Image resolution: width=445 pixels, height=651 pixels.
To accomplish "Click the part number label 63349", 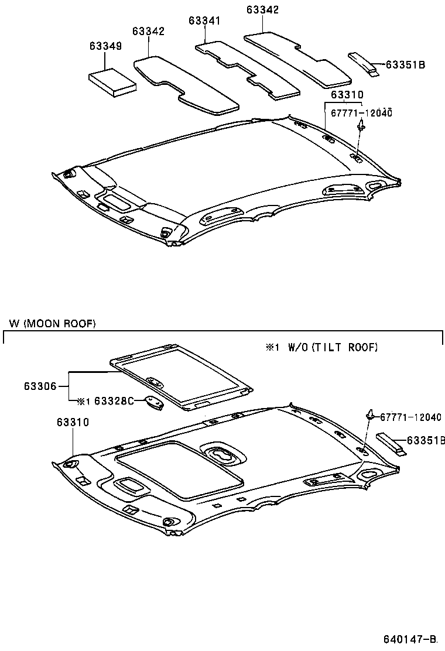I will pos(105,46).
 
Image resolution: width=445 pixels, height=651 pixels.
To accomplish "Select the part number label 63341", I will pos(204,20).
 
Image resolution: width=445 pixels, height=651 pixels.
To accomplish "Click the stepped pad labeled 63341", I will pos(246,67).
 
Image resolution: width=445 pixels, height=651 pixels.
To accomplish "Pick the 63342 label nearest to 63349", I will pos(148,32).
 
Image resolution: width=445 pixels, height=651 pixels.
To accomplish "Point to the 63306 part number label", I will pos(40,386).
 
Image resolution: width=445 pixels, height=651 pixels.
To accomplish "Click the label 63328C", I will pos(114,401).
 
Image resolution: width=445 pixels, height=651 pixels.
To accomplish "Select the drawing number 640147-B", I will pos(410,638).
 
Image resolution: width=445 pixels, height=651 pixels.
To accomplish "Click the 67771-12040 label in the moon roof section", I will pos(410,417).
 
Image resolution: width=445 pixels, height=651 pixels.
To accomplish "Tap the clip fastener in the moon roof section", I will pos(371,415).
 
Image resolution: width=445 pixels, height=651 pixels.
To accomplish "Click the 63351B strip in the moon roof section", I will pos(392,443).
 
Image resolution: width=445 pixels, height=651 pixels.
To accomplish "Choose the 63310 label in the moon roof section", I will pos(73,422).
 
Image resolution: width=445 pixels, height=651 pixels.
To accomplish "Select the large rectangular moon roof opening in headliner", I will pos(179,470).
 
